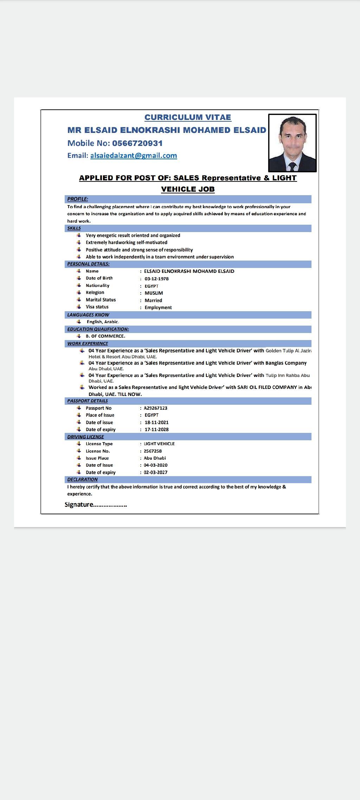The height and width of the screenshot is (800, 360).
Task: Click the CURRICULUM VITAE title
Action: tap(188, 117)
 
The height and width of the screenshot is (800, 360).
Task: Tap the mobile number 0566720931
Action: tap(137, 143)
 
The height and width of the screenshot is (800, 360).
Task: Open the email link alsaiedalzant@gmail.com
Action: tap(134, 155)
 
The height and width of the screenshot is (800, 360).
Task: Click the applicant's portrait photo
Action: tap(292, 143)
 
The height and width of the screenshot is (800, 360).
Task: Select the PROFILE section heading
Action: tap(78, 199)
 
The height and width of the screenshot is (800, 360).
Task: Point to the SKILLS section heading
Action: tap(74, 228)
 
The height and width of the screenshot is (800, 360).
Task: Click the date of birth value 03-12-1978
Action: tap(156, 279)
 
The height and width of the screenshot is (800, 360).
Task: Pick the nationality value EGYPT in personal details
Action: tap(152, 286)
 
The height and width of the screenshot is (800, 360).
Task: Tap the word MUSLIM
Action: tap(154, 293)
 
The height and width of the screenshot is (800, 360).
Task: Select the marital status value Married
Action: tap(153, 300)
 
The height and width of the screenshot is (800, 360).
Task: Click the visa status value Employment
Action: tap(158, 307)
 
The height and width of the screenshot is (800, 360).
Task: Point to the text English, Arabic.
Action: tap(103, 322)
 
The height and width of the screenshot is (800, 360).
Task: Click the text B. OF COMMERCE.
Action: tap(105, 336)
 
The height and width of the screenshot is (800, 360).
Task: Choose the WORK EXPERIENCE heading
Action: tap(88, 344)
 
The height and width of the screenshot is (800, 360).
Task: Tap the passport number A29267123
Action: tap(155, 408)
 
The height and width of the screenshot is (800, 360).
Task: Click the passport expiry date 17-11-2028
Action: tap(156, 429)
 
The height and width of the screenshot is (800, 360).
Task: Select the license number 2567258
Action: tap(153, 451)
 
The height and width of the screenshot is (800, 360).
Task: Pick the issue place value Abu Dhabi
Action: tap(155, 458)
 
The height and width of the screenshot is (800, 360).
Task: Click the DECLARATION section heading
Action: tap(82, 480)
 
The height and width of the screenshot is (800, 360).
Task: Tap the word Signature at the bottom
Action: tap(79, 505)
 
